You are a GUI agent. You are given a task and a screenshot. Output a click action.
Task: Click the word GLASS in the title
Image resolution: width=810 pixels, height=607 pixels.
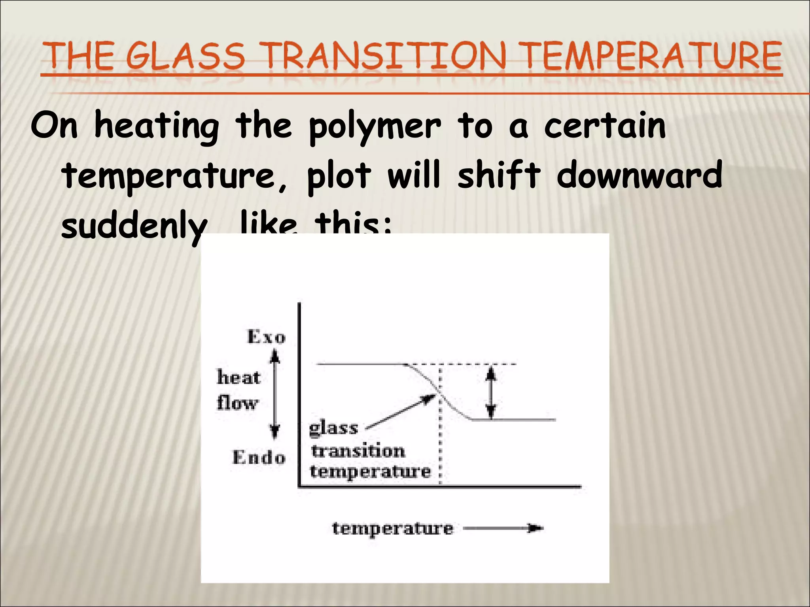[186, 56]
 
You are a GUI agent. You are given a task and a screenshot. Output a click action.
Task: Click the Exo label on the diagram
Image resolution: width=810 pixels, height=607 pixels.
[266, 337]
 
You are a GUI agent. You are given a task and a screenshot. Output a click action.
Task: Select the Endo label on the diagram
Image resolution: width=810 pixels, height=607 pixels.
[259, 458]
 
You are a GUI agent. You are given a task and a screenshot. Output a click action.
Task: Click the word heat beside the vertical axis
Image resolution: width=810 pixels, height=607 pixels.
[238, 377]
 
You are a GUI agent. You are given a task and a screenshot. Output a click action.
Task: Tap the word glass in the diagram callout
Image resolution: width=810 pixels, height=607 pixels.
[333, 428]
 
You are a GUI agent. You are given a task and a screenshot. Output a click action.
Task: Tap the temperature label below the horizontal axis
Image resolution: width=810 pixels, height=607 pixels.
[392, 528]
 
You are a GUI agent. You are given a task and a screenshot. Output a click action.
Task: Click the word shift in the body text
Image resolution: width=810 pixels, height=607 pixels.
[499, 175]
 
